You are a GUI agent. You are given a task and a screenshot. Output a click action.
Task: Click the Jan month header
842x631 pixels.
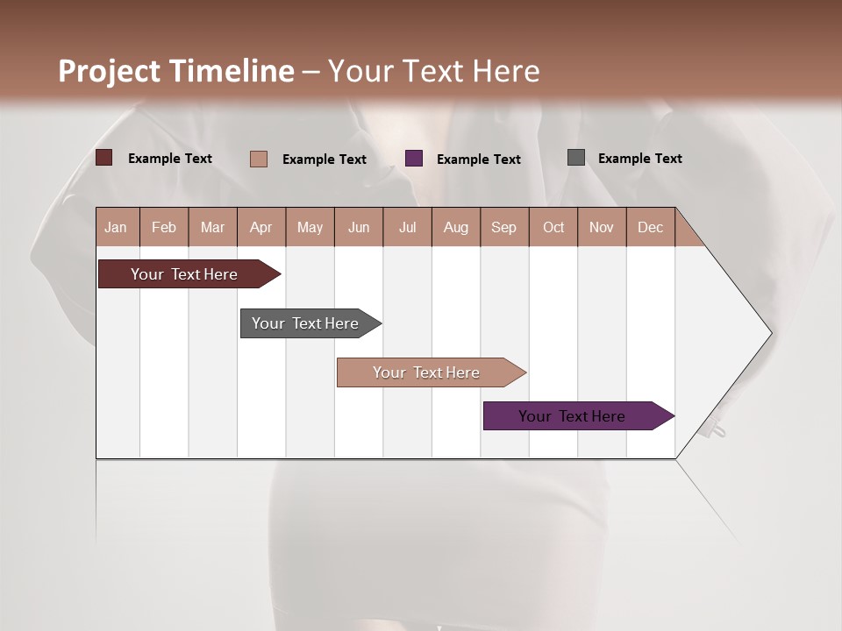pos(117,227)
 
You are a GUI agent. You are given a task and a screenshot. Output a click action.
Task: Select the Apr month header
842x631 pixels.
pos(261,227)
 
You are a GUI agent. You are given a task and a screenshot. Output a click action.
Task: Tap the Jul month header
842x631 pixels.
pos(407,227)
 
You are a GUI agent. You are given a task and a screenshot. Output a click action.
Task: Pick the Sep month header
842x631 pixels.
pos(504,227)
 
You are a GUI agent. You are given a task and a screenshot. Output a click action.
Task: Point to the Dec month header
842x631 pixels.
pos(650,227)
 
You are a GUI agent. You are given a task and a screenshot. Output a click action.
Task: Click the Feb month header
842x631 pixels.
pos(164,227)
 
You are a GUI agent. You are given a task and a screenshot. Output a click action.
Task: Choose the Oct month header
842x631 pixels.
pos(553,227)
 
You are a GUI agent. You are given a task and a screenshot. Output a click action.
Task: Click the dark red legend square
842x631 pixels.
pos(104,158)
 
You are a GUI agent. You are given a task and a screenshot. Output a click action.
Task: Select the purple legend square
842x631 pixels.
pos(414,159)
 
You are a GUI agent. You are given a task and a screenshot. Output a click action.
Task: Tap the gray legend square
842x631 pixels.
pos(576,158)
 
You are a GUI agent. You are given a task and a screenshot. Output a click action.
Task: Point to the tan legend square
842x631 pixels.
pos(259,159)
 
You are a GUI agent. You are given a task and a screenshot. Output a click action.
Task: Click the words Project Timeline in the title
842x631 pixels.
pos(175,71)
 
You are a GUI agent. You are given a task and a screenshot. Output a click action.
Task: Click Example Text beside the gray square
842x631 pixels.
pos(639,159)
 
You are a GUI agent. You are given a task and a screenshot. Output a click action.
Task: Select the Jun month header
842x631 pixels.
pos(359,227)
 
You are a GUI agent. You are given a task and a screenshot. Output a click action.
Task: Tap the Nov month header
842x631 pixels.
pos(602,227)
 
